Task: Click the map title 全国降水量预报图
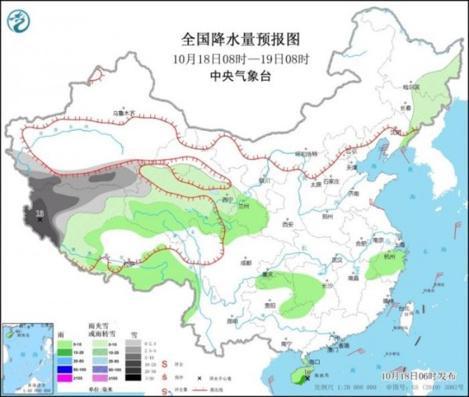[x=241, y=38]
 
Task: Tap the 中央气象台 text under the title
[x=240, y=76]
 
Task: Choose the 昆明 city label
[x=231, y=320]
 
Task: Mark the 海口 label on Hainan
[x=316, y=363]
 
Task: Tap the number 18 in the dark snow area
[x=38, y=211]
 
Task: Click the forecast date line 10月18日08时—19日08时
[x=240, y=59]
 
